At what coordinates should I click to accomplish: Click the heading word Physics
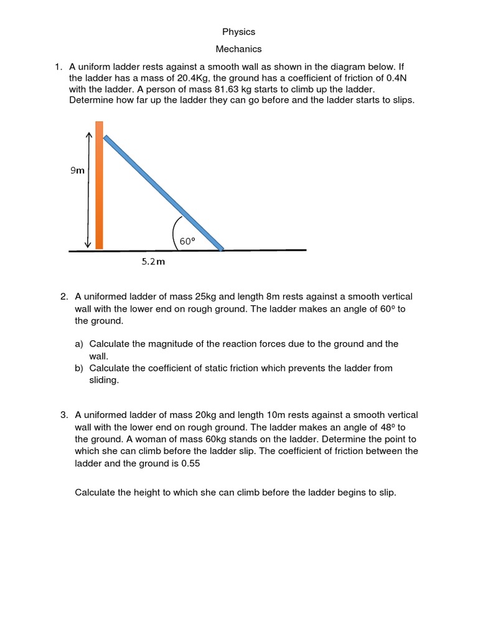click(x=238, y=32)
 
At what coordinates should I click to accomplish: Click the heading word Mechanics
click(x=238, y=49)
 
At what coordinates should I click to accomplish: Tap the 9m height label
click(x=77, y=170)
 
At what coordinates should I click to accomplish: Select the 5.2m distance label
click(x=152, y=262)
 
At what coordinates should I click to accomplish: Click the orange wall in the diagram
click(x=99, y=187)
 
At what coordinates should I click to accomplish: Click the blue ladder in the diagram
click(x=163, y=193)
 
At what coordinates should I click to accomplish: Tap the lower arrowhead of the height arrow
click(x=88, y=244)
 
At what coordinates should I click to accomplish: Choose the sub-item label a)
click(x=79, y=344)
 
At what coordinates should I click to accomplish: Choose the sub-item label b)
click(x=79, y=368)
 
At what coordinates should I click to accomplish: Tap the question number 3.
click(x=63, y=415)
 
